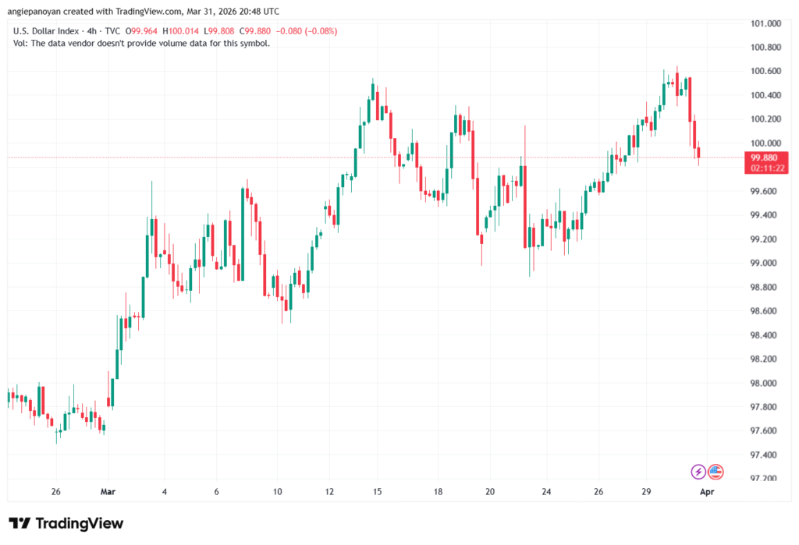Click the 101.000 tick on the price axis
pyautogui.click(x=765, y=23)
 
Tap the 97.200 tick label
pyautogui.click(x=763, y=479)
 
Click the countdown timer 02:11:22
pyautogui.click(x=765, y=168)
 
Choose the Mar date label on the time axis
pyautogui.click(x=108, y=493)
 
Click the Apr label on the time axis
pyautogui.click(x=707, y=493)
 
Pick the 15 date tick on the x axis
pyautogui.click(x=377, y=493)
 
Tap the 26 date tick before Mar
pyautogui.click(x=55, y=493)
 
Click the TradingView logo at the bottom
pyautogui.click(x=66, y=523)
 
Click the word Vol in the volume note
pyautogui.click(x=21, y=43)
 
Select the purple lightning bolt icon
pyautogui.click(x=698, y=472)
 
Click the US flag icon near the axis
pyautogui.click(x=716, y=472)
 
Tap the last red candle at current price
pyautogui.click(x=699, y=153)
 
